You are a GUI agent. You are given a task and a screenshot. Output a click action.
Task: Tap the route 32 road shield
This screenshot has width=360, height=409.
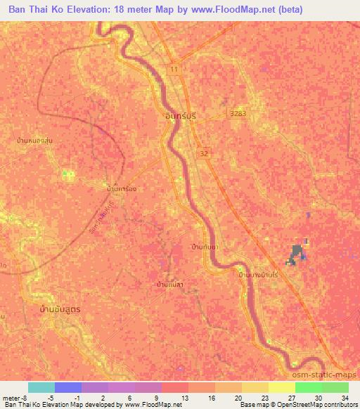[203, 152]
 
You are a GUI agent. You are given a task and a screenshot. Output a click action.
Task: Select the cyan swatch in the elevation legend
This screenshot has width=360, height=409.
[41, 387]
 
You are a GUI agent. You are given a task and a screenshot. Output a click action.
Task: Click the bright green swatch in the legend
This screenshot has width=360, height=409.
[308, 387]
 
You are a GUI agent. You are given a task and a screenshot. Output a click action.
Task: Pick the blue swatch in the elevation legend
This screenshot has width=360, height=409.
[68, 387]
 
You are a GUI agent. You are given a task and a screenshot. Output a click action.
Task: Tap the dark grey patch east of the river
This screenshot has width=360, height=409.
[297, 253]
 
